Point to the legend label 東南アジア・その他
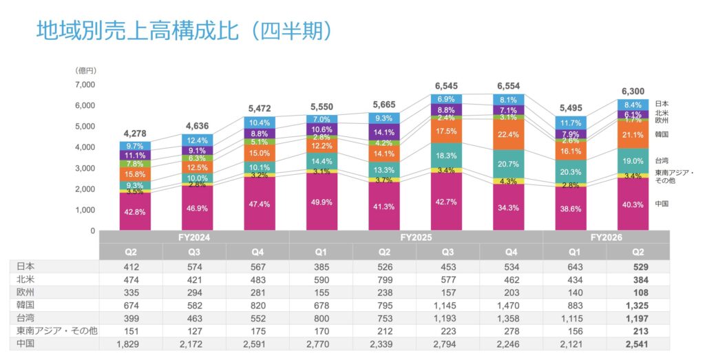[x=673, y=176]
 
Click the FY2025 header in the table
[x=415, y=237]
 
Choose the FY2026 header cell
[x=605, y=237]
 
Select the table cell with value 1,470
[x=510, y=305]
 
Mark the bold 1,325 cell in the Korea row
[x=637, y=305]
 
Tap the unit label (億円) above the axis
[x=85, y=71]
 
